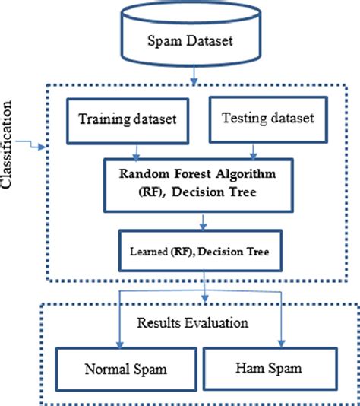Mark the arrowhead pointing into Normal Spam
[114, 344]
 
